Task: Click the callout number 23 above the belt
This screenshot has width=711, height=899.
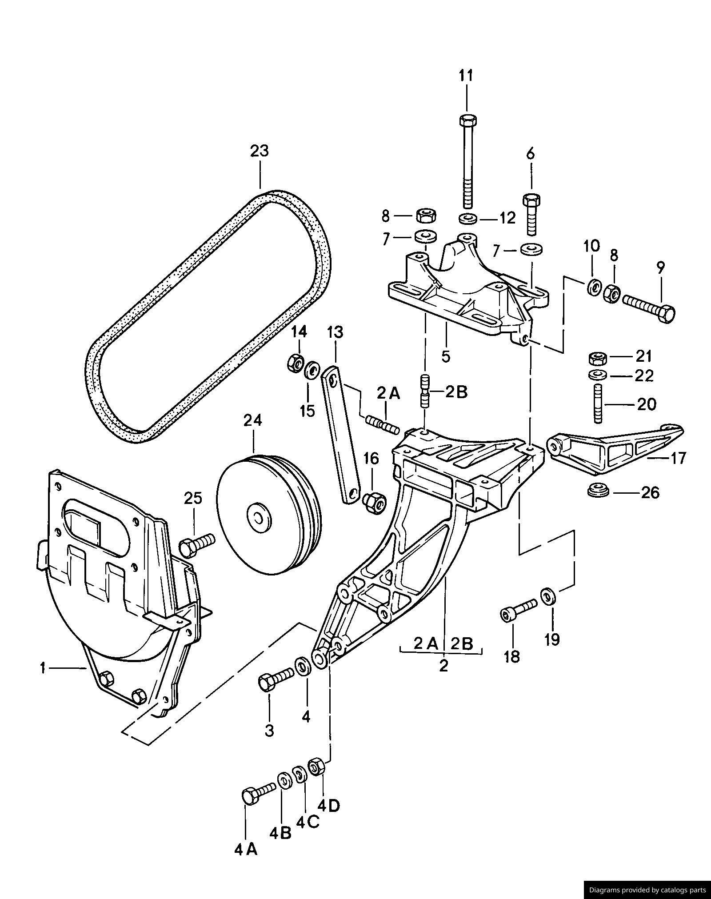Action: coord(260,151)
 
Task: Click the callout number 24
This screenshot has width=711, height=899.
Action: coord(252,420)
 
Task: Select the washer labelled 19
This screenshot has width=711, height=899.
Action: coord(547,595)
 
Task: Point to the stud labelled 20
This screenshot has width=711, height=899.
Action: coord(598,405)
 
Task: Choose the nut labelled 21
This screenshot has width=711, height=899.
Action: coord(598,357)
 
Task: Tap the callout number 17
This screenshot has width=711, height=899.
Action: coord(678,458)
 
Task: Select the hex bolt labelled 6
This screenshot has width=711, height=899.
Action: coord(531,215)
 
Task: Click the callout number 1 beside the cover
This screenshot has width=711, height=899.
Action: coord(43,668)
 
